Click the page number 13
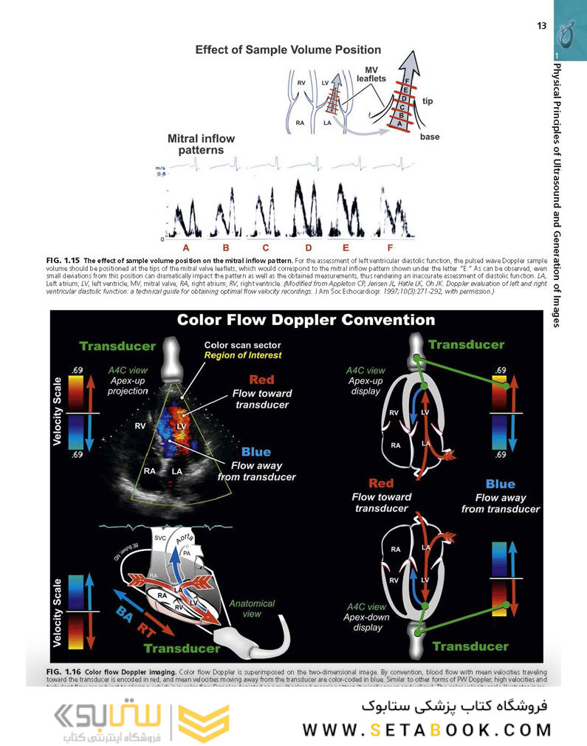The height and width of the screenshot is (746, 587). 541,27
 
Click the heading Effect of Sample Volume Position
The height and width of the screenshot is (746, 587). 288,50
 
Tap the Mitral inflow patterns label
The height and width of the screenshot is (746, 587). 196,144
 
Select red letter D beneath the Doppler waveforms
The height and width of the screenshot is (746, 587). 308,247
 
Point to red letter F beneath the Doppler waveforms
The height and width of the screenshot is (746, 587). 389,247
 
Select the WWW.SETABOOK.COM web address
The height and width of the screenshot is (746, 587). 426,730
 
